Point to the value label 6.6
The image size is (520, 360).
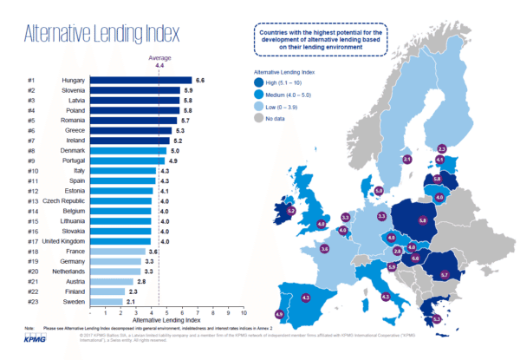(199, 80)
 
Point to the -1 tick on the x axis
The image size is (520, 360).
(105, 311)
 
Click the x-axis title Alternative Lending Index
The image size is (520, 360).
(176, 320)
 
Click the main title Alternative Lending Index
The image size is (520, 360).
(102, 35)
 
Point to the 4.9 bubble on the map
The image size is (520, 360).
(279, 314)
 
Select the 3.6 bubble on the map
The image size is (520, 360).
(325, 249)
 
